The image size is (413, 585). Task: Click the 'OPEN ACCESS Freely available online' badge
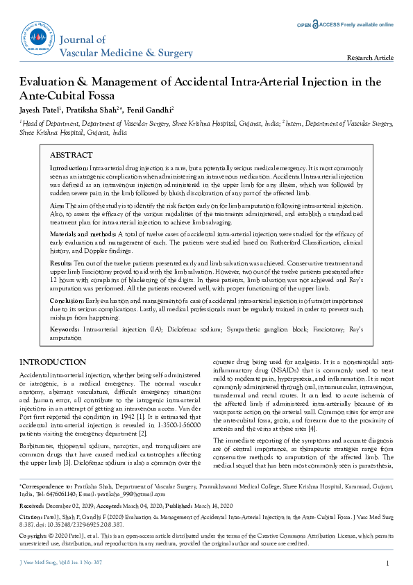(x=345, y=24)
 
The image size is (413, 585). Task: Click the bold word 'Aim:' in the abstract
(x=58, y=207)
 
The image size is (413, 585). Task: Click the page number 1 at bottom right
(x=387, y=563)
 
